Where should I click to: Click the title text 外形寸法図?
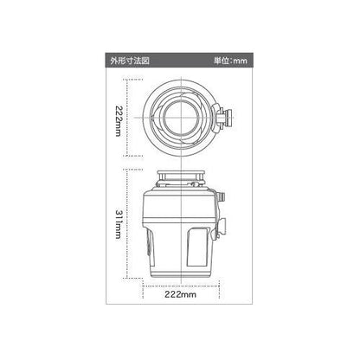tap(130, 61)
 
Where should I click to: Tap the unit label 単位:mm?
tap(230, 61)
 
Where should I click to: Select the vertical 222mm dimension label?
tap(119, 121)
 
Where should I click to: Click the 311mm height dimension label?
tap(119, 224)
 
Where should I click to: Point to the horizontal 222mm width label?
tap(180, 294)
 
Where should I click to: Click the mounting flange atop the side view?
tap(181, 174)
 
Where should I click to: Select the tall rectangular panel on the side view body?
tap(198, 247)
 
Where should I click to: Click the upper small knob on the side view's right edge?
tap(222, 197)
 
